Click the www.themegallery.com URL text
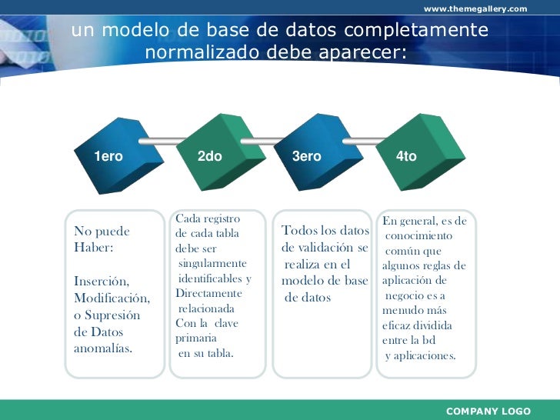click(475, 8)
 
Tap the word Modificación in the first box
click(112, 298)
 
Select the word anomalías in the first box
click(102, 348)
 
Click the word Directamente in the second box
click(208, 293)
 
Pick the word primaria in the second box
click(196, 338)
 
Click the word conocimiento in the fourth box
click(418, 235)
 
